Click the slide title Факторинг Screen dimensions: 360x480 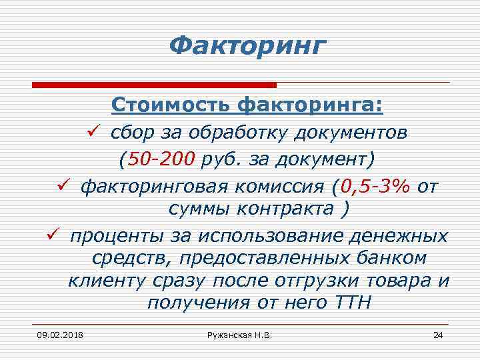[x=248, y=45]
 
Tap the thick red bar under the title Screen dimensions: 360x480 [x=154, y=85]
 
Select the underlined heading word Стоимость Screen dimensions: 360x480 [x=171, y=105]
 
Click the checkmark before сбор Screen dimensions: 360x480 [x=93, y=132]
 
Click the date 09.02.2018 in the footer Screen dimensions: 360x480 [x=56, y=334]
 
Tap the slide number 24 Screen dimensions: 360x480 [x=437, y=334]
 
